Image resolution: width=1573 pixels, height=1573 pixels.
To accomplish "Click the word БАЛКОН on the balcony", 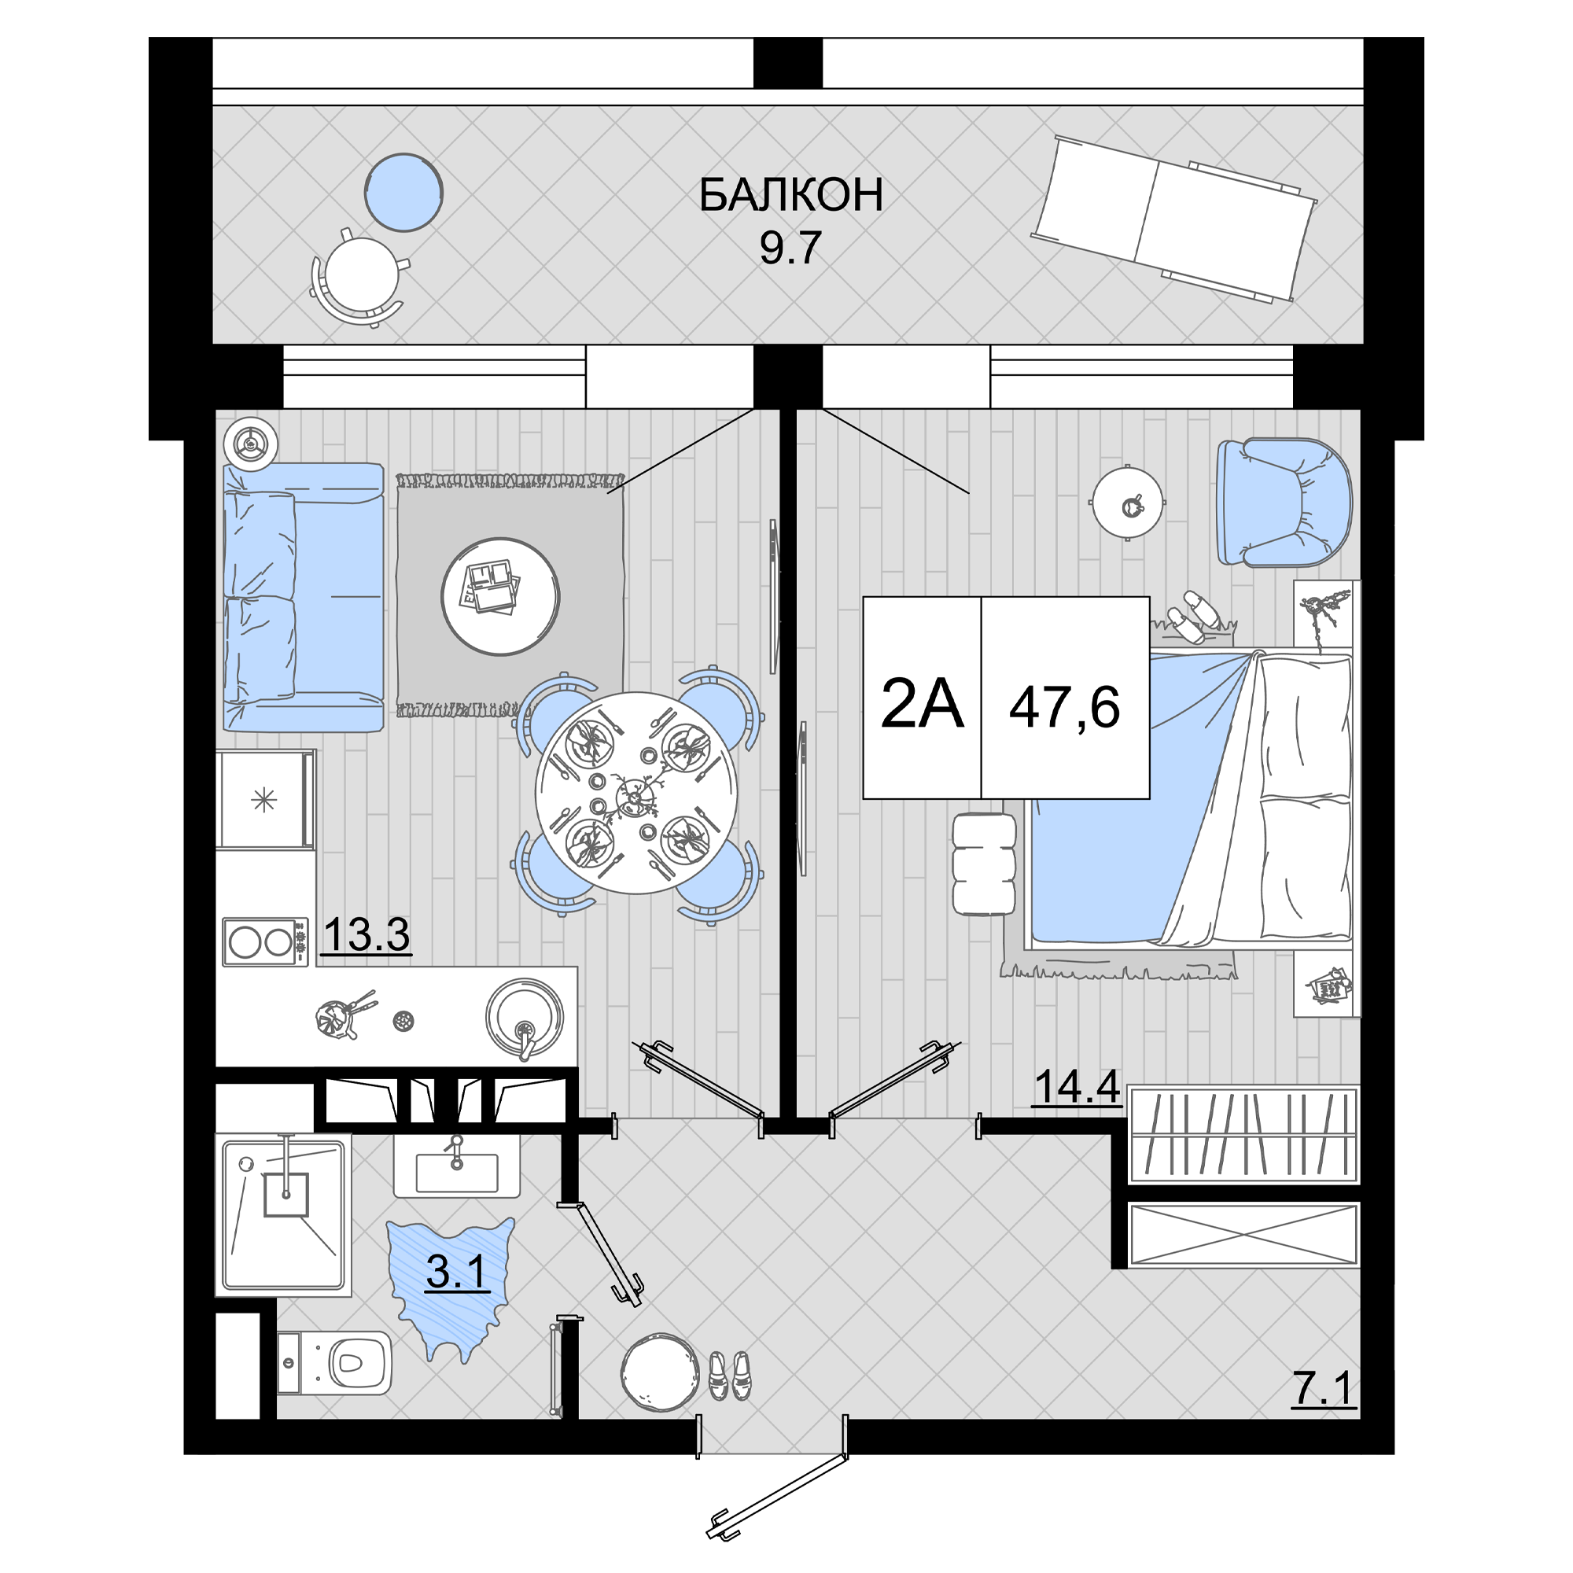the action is point(790,195).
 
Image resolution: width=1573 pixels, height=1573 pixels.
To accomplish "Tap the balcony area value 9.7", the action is point(790,248).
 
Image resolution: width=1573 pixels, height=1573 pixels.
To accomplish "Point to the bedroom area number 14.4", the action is point(1077,1086).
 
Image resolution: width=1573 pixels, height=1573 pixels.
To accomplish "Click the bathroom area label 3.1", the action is point(458,1271).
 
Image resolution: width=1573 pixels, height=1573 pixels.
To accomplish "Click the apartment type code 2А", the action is point(922,704).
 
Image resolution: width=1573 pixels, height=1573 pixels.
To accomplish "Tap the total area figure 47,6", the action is point(1065,707).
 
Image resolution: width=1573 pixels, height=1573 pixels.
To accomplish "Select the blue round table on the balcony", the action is point(403,193).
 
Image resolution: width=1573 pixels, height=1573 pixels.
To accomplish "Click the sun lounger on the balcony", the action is point(1173,219).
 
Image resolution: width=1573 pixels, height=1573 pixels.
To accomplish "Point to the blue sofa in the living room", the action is point(303,597).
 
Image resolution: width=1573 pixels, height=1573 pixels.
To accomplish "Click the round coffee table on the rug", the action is point(501,596).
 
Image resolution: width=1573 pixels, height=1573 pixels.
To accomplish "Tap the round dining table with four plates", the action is point(637,793).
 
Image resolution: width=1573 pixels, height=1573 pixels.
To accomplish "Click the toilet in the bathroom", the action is point(333,1363).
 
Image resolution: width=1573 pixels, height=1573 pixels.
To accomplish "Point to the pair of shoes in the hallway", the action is point(730,1375).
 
